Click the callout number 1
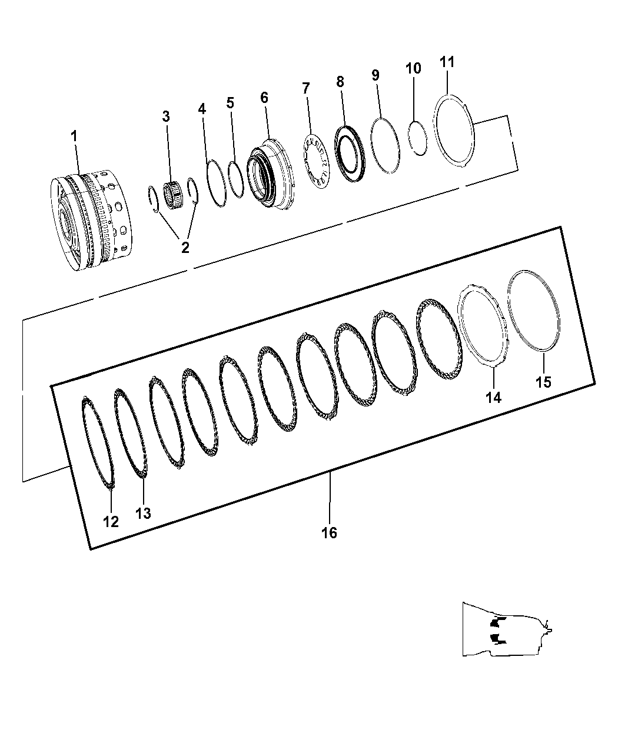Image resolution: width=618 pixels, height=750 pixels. point(74,136)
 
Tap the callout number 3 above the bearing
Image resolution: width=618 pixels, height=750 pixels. point(166,116)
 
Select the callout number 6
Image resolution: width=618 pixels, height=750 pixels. point(264,97)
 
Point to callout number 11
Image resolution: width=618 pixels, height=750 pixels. point(447,62)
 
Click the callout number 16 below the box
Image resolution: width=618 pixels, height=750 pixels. point(329,532)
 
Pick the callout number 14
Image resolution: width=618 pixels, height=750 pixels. point(493,397)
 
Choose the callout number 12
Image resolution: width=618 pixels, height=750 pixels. point(111,521)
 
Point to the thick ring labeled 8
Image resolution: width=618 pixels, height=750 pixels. point(350,154)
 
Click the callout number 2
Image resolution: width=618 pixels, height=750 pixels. point(185,248)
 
